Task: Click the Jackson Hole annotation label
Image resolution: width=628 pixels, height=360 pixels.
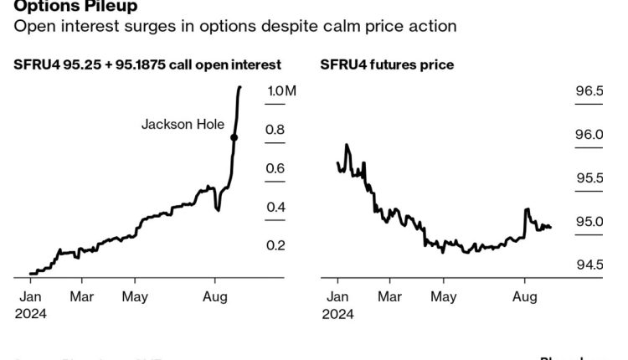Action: click(183, 125)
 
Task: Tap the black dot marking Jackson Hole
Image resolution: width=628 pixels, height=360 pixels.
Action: click(234, 137)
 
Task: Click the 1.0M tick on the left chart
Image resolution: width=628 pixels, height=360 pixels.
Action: click(281, 91)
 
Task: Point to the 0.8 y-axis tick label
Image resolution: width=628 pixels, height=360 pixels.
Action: click(275, 130)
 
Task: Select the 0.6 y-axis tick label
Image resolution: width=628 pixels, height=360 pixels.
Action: click(275, 168)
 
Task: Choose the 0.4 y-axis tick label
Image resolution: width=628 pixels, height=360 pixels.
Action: click(275, 207)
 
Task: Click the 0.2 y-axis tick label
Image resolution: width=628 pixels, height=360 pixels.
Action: click(275, 245)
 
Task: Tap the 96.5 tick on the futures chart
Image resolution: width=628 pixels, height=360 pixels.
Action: click(588, 91)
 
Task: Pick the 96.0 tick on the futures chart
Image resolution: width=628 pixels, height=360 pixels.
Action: click(588, 134)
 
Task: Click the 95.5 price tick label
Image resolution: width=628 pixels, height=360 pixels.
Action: click(588, 177)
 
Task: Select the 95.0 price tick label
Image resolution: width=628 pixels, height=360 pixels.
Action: click(588, 221)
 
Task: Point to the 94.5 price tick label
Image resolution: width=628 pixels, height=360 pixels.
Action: click(588, 265)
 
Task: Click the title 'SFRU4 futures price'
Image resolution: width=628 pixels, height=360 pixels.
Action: click(387, 64)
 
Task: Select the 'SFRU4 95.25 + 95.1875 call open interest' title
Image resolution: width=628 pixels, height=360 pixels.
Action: click(147, 64)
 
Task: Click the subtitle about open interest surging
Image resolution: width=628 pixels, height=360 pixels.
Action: click(235, 26)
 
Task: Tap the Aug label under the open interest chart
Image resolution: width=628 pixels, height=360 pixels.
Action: click(216, 296)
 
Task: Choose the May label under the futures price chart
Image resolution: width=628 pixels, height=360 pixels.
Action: click(444, 296)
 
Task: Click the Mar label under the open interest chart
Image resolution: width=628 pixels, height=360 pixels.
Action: click(81, 296)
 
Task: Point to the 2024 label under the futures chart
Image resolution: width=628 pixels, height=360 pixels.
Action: click(339, 314)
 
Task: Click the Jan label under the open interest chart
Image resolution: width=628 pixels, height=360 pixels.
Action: click(30, 296)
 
